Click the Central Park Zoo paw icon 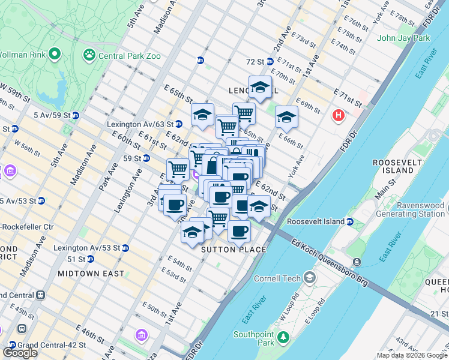pyautogui.click(x=89, y=55)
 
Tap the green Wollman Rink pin pyautogui.click(x=55, y=55)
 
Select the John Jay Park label pyautogui.click(x=403, y=38)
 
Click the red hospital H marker pyautogui.click(x=339, y=115)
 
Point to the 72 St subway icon pyautogui.click(x=270, y=61)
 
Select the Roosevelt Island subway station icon pyautogui.click(x=349, y=221)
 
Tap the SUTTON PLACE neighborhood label pyautogui.click(x=234, y=250)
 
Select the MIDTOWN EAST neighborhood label pyautogui.click(x=91, y=274)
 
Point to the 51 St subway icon pyautogui.click(x=90, y=259)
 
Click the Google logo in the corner pyautogui.click(x=20, y=353)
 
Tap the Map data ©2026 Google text pyautogui.click(x=411, y=355)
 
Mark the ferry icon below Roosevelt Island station pyautogui.click(x=357, y=262)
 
